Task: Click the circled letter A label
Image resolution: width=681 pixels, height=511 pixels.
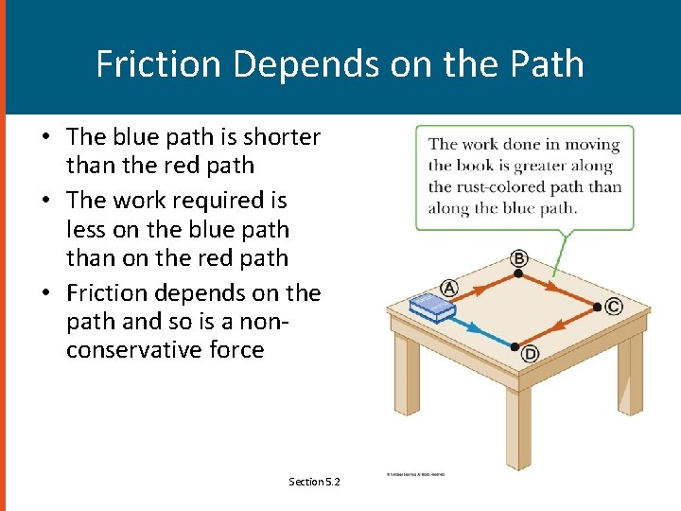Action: tap(449, 288)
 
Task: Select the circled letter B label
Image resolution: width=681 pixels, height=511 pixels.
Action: tap(518, 258)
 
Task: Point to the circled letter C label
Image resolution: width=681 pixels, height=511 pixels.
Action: tap(614, 306)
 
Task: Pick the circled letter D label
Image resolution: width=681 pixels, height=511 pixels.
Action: tap(531, 354)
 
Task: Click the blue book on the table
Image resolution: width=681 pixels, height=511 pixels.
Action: tap(431, 307)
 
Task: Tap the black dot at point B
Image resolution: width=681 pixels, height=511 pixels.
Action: tap(518, 274)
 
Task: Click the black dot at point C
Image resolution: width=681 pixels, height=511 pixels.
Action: tap(597, 307)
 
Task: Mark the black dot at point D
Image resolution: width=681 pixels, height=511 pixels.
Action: tap(515, 346)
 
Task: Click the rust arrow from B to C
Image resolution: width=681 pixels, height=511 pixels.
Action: tap(558, 291)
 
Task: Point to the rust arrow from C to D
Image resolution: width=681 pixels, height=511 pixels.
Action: tap(557, 326)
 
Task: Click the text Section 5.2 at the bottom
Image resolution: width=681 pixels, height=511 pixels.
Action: tap(314, 482)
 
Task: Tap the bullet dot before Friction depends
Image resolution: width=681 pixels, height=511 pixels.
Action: tap(45, 293)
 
